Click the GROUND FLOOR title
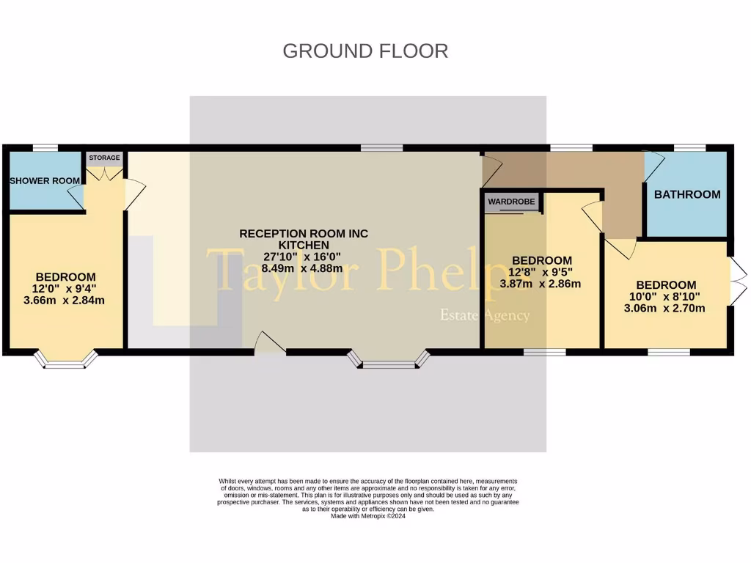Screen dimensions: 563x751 pos(365,51)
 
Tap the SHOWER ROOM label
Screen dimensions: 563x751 pos(45,181)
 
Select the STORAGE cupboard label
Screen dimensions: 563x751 pos(104,158)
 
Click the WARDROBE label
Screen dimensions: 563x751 pos(513,200)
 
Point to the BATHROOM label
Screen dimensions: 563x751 pos(687,194)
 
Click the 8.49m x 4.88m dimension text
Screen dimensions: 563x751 pos(304,268)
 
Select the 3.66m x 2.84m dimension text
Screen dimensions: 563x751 pos(65,300)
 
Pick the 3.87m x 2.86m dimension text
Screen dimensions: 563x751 pos(541,284)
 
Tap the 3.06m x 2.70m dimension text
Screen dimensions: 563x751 pos(666,308)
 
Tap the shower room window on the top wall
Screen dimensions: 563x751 pos(45,148)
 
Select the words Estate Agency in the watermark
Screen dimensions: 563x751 pos(483,316)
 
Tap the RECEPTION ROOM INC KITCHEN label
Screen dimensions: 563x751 pos(304,239)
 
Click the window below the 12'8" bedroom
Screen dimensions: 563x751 pos(544,352)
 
